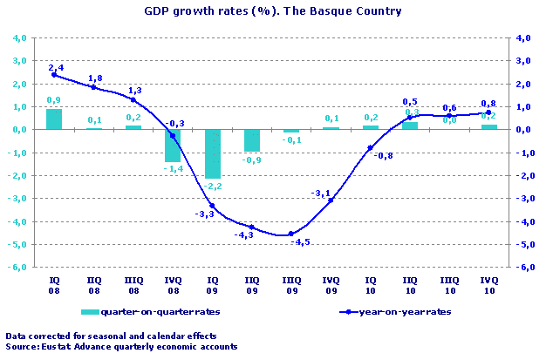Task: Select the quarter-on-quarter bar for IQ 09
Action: pos(212,153)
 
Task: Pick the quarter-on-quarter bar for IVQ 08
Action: pos(173,145)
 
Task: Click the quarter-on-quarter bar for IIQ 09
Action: pos(251,139)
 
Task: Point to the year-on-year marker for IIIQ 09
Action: pos(291,234)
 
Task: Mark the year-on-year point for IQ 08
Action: pos(54,75)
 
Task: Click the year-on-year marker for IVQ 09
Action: pos(331,200)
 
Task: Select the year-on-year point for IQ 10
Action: pos(370,148)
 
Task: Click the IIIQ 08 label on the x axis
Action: pos(133,282)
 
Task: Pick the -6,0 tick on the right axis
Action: pos(522,267)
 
